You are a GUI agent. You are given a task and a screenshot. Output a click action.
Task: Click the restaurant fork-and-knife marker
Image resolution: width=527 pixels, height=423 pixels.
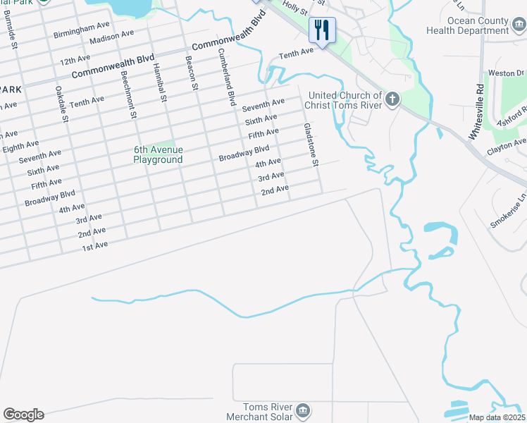[x=322, y=30]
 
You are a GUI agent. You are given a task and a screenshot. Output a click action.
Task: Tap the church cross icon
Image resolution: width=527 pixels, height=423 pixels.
[x=392, y=100]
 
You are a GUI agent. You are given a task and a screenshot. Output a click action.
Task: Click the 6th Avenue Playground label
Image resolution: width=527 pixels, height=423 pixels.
[x=159, y=154]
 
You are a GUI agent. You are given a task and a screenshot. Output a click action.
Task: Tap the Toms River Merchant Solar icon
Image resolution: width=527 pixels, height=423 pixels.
[x=302, y=410]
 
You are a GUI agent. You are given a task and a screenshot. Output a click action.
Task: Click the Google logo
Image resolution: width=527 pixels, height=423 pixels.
[x=23, y=415]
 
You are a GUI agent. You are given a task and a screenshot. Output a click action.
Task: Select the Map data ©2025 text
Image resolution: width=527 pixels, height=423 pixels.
[x=496, y=417]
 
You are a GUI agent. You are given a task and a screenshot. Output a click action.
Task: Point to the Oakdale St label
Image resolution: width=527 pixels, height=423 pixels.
[x=62, y=104]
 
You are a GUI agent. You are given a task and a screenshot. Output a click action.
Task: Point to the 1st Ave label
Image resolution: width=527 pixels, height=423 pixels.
[x=94, y=245]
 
